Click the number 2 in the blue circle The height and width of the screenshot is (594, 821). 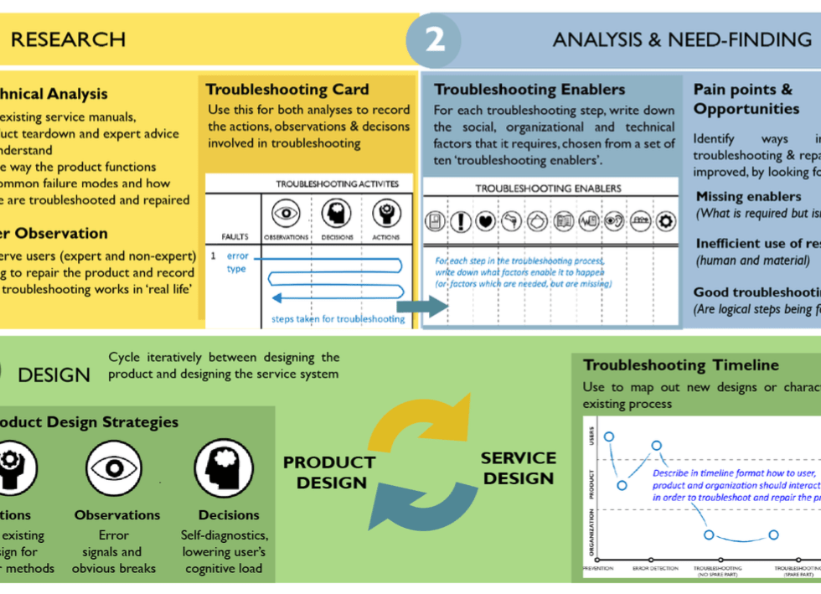click(x=434, y=39)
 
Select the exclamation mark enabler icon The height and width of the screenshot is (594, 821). click(x=460, y=221)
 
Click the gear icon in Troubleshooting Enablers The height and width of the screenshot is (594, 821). click(x=666, y=221)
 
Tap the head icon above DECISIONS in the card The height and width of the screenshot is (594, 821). click(x=336, y=214)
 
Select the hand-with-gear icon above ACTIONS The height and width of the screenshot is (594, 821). click(x=386, y=214)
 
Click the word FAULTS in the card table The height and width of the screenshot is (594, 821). click(x=235, y=237)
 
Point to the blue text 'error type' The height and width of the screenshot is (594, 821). click(x=236, y=262)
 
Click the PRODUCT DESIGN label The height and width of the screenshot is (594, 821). click(x=328, y=473)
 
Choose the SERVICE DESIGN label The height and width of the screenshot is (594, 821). click(x=519, y=468)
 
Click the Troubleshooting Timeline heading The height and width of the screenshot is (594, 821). click(x=680, y=365)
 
